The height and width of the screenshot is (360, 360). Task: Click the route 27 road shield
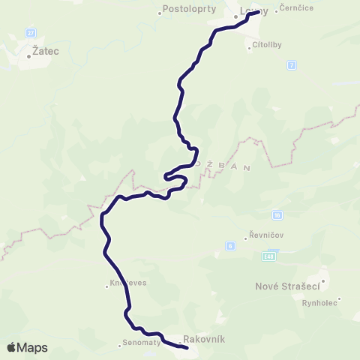coord(31,33)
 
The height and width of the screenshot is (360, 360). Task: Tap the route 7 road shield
coord(292,65)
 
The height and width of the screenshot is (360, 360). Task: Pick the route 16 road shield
coord(277,215)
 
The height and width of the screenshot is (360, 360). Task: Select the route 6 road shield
coord(230,245)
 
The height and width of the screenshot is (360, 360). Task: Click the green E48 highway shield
coord(268,256)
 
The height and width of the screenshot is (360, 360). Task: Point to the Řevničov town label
coord(267,234)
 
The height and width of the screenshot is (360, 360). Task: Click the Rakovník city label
coord(204,339)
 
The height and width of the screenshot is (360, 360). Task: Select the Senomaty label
coord(141,345)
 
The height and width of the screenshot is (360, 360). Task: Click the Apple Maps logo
coord(27,347)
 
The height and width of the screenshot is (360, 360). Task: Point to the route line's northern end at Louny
coord(259,12)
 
